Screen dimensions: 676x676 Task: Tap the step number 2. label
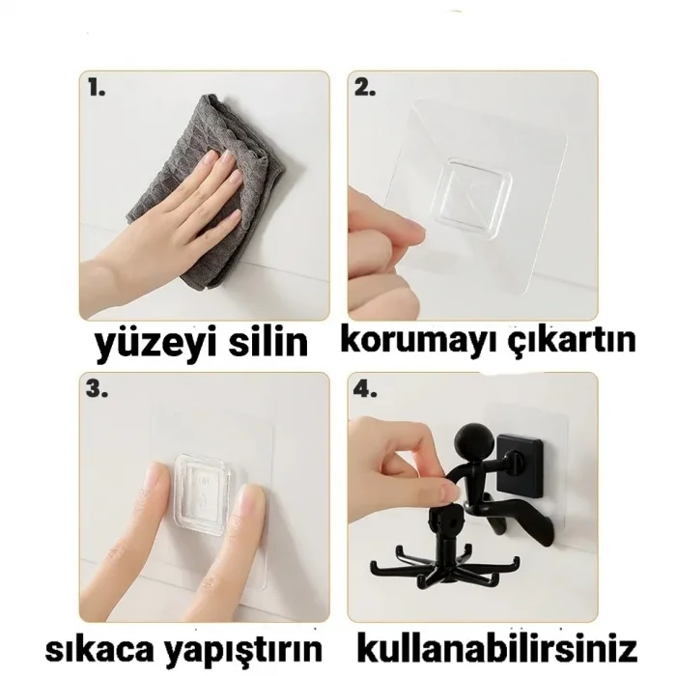[x=364, y=88]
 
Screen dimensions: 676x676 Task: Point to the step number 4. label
[x=364, y=389]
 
